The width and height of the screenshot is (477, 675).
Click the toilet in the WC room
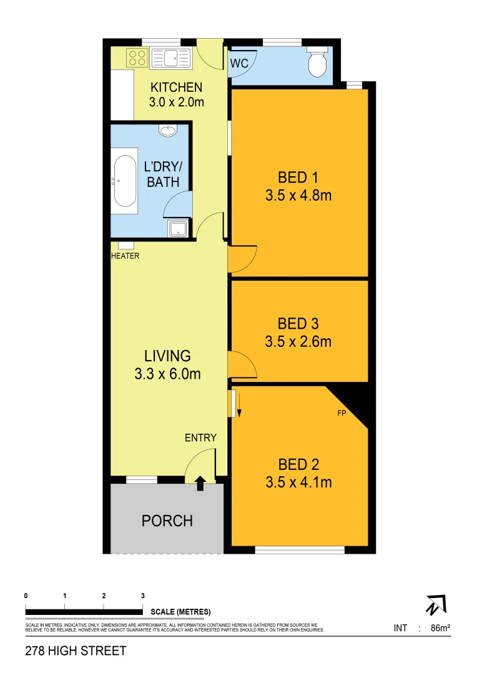pos(318,63)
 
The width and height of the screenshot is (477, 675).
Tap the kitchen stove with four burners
pos(137,58)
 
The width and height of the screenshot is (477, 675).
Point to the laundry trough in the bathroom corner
pos(179,229)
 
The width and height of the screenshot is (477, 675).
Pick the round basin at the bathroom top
pos(168,131)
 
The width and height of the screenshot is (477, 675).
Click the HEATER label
pos(125,256)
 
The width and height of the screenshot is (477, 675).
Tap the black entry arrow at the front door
pos(200,482)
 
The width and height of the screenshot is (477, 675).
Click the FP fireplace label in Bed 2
pos(342,413)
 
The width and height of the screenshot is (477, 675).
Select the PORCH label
pos(167,521)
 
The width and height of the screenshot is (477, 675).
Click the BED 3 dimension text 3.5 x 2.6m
pos(298,342)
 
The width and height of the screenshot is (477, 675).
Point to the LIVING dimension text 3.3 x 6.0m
pos(167,374)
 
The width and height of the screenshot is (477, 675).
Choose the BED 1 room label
pos(298,176)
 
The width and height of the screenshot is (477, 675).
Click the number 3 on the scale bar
pos(143,596)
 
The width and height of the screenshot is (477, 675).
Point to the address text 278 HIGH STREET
pos(76,651)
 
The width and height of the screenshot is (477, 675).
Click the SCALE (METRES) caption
pos(181,611)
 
